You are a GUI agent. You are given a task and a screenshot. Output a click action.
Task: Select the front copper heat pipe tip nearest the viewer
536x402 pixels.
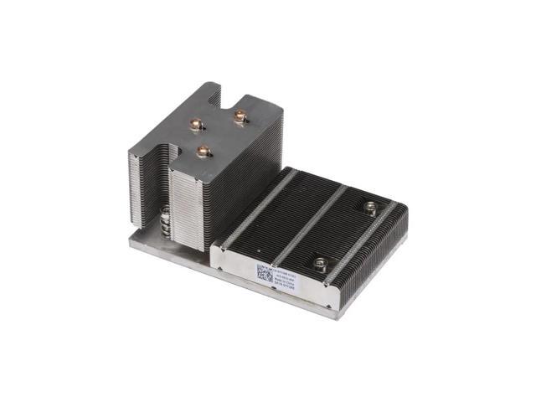[203, 151]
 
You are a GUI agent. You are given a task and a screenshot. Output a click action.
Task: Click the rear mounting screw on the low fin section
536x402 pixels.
[370, 206]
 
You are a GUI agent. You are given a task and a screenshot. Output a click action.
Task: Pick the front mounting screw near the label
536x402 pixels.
[320, 263]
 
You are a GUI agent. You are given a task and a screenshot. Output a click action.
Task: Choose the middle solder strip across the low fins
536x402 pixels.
[309, 224]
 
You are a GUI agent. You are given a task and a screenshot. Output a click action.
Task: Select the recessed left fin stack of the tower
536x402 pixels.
[144, 188]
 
